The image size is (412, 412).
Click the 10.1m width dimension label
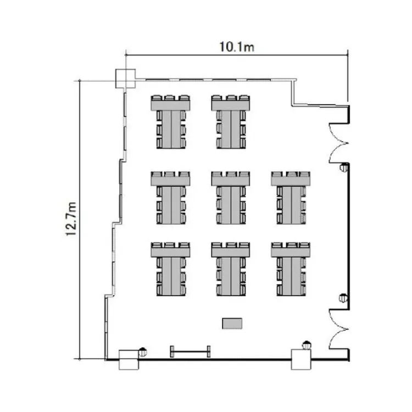[237, 47]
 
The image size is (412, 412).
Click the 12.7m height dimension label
[71, 219]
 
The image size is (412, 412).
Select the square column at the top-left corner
[126, 79]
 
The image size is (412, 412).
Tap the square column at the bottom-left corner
[129, 360]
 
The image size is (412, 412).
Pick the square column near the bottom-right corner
[301, 359]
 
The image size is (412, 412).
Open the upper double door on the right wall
[339, 143]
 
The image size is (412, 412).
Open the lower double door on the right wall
[339, 329]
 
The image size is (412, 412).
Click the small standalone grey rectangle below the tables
[232, 324]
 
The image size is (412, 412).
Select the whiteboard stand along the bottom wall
[190, 352]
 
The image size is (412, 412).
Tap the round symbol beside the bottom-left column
[142, 352]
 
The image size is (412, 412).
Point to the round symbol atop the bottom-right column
[307, 345]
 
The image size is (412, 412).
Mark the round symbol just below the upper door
[344, 167]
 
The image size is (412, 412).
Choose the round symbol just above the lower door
[343, 298]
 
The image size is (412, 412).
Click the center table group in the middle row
[231, 198]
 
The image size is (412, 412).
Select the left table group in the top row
[170, 122]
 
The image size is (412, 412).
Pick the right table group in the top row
[231, 122]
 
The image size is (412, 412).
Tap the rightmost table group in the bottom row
[291, 269]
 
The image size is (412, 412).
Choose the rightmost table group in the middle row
[291, 198]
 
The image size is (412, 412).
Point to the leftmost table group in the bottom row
[170, 269]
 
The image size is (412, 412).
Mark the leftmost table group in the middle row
[170, 198]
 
